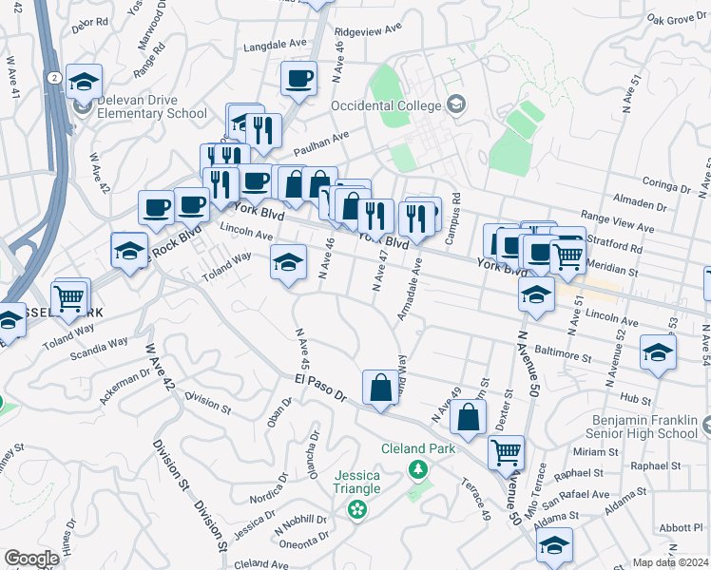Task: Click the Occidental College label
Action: click(x=385, y=104)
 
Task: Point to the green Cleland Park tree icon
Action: click(x=416, y=468)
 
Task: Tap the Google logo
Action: click(x=31, y=559)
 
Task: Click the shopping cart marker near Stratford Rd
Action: click(x=567, y=253)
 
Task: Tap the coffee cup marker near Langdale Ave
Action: click(x=298, y=78)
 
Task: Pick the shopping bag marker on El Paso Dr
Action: click(x=380, y=388)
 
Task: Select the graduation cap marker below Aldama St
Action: click(x=554, y=544)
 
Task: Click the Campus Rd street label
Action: click(x=457, y=209)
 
